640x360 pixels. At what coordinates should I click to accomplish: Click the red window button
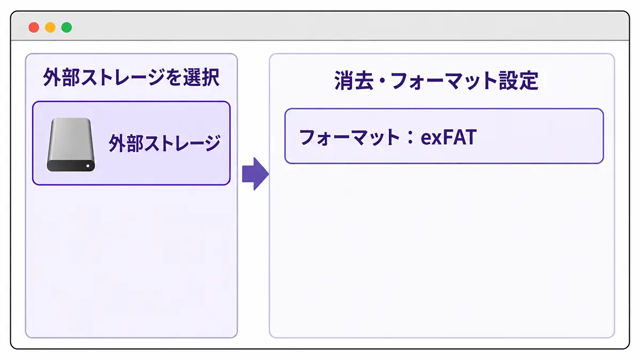pos(34,27)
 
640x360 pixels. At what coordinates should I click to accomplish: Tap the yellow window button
pos(50,27)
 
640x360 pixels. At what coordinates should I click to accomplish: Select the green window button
pos(67,27)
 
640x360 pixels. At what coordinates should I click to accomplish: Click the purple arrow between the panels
pos(255,174)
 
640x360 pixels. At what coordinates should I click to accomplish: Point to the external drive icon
pos(71,145)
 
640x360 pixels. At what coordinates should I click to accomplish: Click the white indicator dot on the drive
pos(87,166)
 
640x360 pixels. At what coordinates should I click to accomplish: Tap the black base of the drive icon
pos(71,166)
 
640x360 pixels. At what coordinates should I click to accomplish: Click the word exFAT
pos(449,138)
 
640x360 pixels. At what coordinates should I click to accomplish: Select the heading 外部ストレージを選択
pos(131,77)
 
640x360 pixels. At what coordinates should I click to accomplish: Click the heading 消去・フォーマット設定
pos(436,81)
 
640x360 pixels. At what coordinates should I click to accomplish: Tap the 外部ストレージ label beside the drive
pos(165,143)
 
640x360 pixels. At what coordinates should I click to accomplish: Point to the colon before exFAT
pos(410,138)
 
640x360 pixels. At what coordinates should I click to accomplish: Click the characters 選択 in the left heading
pos(202,77)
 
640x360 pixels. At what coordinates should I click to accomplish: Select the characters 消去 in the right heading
pos(354,81)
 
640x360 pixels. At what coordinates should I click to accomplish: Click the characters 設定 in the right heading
pos(519,81)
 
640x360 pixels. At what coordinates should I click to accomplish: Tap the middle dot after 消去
pos(382,81)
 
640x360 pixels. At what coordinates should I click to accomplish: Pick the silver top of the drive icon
pos(71,139)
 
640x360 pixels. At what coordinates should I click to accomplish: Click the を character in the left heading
pos(174,77)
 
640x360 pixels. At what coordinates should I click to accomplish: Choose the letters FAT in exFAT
pos(460,137)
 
